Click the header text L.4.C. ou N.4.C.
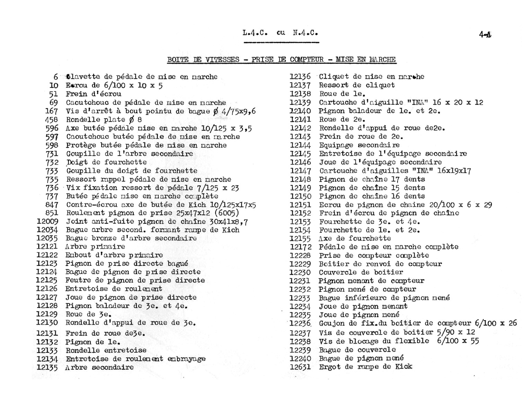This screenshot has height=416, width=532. tap(280, 33)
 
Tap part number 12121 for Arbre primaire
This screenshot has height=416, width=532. tap(47, 246)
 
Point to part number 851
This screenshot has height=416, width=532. tap(52, 213)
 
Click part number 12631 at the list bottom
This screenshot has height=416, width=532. tap(300, 367)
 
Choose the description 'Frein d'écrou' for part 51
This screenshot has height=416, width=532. tap(94, 94)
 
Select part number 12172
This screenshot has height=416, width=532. tap(300, 247)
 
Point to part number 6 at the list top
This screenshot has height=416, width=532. tap(56, 77)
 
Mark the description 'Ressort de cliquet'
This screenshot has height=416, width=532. tap(357, 85)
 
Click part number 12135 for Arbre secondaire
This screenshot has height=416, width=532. tap(47, 367)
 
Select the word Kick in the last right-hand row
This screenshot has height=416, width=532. tap(404, 366)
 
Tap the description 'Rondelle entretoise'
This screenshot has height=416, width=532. tap(106, 350)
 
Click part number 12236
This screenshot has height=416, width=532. tap(300, 323)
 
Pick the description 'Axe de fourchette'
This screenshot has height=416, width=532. tap(355, 238)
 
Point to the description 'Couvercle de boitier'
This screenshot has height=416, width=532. tap(361, 272)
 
